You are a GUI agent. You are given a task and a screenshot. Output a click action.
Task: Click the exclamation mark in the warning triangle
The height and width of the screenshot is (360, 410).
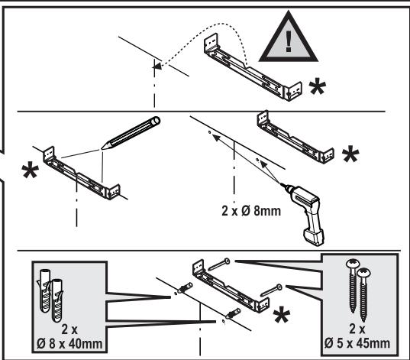click(x=289, y=41)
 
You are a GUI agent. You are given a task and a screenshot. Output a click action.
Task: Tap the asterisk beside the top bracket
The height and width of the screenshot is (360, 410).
click(x=318, y=87)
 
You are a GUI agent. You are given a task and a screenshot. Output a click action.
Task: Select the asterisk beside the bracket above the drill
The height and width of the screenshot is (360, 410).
click(x=350, y=154)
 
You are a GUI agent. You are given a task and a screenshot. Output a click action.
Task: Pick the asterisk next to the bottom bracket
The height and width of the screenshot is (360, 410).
click(x=282, y=315)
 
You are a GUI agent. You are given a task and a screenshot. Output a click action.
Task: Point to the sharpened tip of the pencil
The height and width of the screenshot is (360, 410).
click(x=102, y=148)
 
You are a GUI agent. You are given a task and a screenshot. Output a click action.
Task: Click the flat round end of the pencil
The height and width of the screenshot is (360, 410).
click(x=156, y=121)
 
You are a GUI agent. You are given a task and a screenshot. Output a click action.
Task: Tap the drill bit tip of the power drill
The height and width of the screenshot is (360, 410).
click(x=281, y=183)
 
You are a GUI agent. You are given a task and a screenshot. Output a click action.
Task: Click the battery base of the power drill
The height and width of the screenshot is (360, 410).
click(x=314, y=237)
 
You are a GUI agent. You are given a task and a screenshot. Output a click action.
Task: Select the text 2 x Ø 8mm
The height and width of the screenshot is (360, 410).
click(x=251, y=211)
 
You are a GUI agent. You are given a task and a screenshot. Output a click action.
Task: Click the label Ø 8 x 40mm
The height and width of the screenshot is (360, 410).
click(x=69, y=343)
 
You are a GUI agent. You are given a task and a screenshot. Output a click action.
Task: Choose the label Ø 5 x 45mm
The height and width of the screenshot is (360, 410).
click(x=357, y=343)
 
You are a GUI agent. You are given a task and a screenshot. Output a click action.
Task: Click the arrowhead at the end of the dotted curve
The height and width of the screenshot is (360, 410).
click(x=156, y=66)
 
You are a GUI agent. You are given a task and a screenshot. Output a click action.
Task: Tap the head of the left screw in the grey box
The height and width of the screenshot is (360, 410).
click(x=352, y=264)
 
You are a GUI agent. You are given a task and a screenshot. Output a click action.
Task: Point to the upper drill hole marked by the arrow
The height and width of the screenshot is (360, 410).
click(x=209, y=132)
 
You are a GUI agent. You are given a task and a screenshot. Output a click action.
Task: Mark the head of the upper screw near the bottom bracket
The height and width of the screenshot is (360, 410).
click(x=227, y=261)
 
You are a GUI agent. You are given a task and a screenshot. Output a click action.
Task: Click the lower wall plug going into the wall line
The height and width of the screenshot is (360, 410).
click(x=232, y=313)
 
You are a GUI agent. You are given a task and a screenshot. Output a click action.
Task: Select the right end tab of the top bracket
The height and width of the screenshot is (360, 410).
click(x=294, y=92)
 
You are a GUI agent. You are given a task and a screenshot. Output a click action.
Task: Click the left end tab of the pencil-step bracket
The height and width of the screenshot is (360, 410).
click(x=49, y=154)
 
